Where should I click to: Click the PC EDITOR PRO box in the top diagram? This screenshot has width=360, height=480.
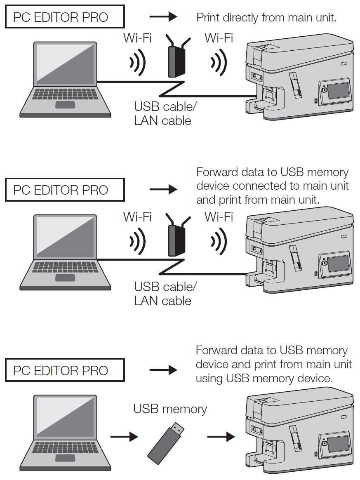pyautogui.click(x=64, y=17)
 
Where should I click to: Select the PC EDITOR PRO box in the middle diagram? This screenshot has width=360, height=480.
pyautogui.click(x=64, y=190)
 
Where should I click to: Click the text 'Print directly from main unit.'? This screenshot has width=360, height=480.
pyautogui.click(x=267, y=17)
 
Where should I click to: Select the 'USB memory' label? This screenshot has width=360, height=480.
pyautogui.click(x=170, y=409)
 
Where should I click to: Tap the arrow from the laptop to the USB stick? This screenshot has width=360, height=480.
pyautogui.click(x=123, y=436)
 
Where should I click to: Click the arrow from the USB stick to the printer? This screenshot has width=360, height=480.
pyautogui.click(x=221, y=436)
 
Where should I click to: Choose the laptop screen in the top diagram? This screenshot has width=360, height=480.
pyautogui.click(x=66, y=64)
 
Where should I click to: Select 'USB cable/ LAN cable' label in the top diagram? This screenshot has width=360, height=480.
pyautogui.click(x=165, y=113)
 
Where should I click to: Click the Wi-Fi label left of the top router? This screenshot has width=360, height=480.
pyautogui.click(x=137, y=38)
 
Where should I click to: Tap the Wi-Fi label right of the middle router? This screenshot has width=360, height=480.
pyautogui.click(x=219, y=216)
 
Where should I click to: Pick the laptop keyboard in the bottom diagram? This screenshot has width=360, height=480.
pyautogui.click(x=66, y=448)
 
